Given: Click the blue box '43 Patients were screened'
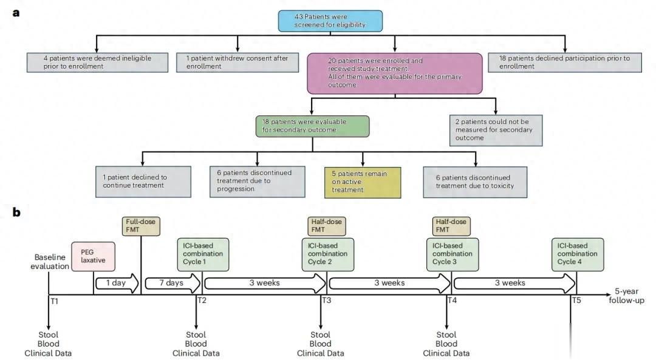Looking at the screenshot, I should (330, 21).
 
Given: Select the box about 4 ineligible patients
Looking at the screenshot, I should (97, 62).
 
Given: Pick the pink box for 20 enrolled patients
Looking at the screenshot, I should (395, 72).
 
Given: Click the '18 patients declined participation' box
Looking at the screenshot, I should (565, 62).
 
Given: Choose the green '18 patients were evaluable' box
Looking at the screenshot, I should (312, 125).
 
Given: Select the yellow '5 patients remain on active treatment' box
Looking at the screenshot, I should (363, 181).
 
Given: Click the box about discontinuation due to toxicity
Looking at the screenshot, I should (476, 182).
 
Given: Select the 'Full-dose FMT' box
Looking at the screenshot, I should (141, 226).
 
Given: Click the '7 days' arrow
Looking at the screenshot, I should (172, 283).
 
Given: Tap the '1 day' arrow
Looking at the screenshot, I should (117, 283).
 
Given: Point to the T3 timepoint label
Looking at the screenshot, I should (326, 300).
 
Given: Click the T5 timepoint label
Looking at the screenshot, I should (576, 300).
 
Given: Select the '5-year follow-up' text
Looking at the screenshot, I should (626, 296).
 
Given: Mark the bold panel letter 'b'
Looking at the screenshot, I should (17, 212).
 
